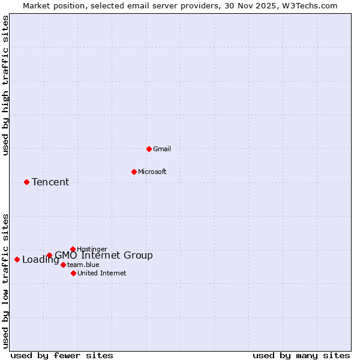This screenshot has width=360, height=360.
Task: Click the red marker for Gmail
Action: click(149, 149)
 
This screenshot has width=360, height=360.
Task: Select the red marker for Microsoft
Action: click(134, 172)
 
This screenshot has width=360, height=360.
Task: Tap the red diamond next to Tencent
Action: click(26, 182)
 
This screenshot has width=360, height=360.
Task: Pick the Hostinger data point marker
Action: click(73, 249)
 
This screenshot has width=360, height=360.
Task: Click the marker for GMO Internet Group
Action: click(49, 256)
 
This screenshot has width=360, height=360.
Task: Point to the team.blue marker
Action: click(63, 265)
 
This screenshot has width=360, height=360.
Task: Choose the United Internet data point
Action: click(73, 273)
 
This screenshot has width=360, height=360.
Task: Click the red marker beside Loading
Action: click(17, 259)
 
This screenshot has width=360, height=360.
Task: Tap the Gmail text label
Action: click(162, 149)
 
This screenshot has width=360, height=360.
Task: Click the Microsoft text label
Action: click(152, 172)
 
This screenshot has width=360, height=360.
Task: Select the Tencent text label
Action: click(50, 182)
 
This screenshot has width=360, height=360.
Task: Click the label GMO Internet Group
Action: click(104, 256)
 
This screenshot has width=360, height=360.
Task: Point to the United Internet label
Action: click(102, 273)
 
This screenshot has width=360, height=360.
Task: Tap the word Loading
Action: click(40, 260)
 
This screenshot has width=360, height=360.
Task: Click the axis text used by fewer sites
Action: click(62, 355)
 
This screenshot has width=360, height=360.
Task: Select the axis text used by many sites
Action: click(301, 355)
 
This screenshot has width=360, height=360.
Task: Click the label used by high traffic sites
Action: click(5, 85)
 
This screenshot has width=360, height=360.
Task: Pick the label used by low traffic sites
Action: click(5, 281)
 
